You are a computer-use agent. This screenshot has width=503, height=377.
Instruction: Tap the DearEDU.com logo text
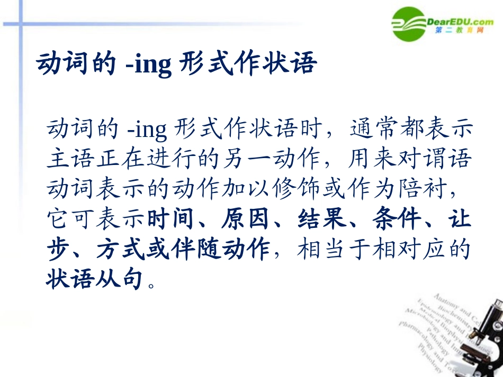460,22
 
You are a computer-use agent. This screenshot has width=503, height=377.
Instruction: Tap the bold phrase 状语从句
95,279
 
